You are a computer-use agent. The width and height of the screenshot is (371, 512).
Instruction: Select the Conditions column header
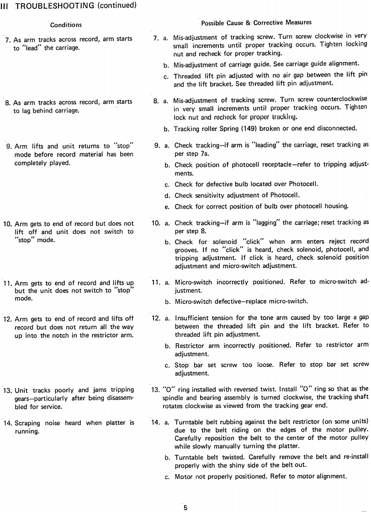click(66, 25)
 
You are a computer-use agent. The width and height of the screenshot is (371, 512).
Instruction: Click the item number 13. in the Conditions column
click(8, 391)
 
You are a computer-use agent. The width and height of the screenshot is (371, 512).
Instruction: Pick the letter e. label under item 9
click(167, 207)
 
